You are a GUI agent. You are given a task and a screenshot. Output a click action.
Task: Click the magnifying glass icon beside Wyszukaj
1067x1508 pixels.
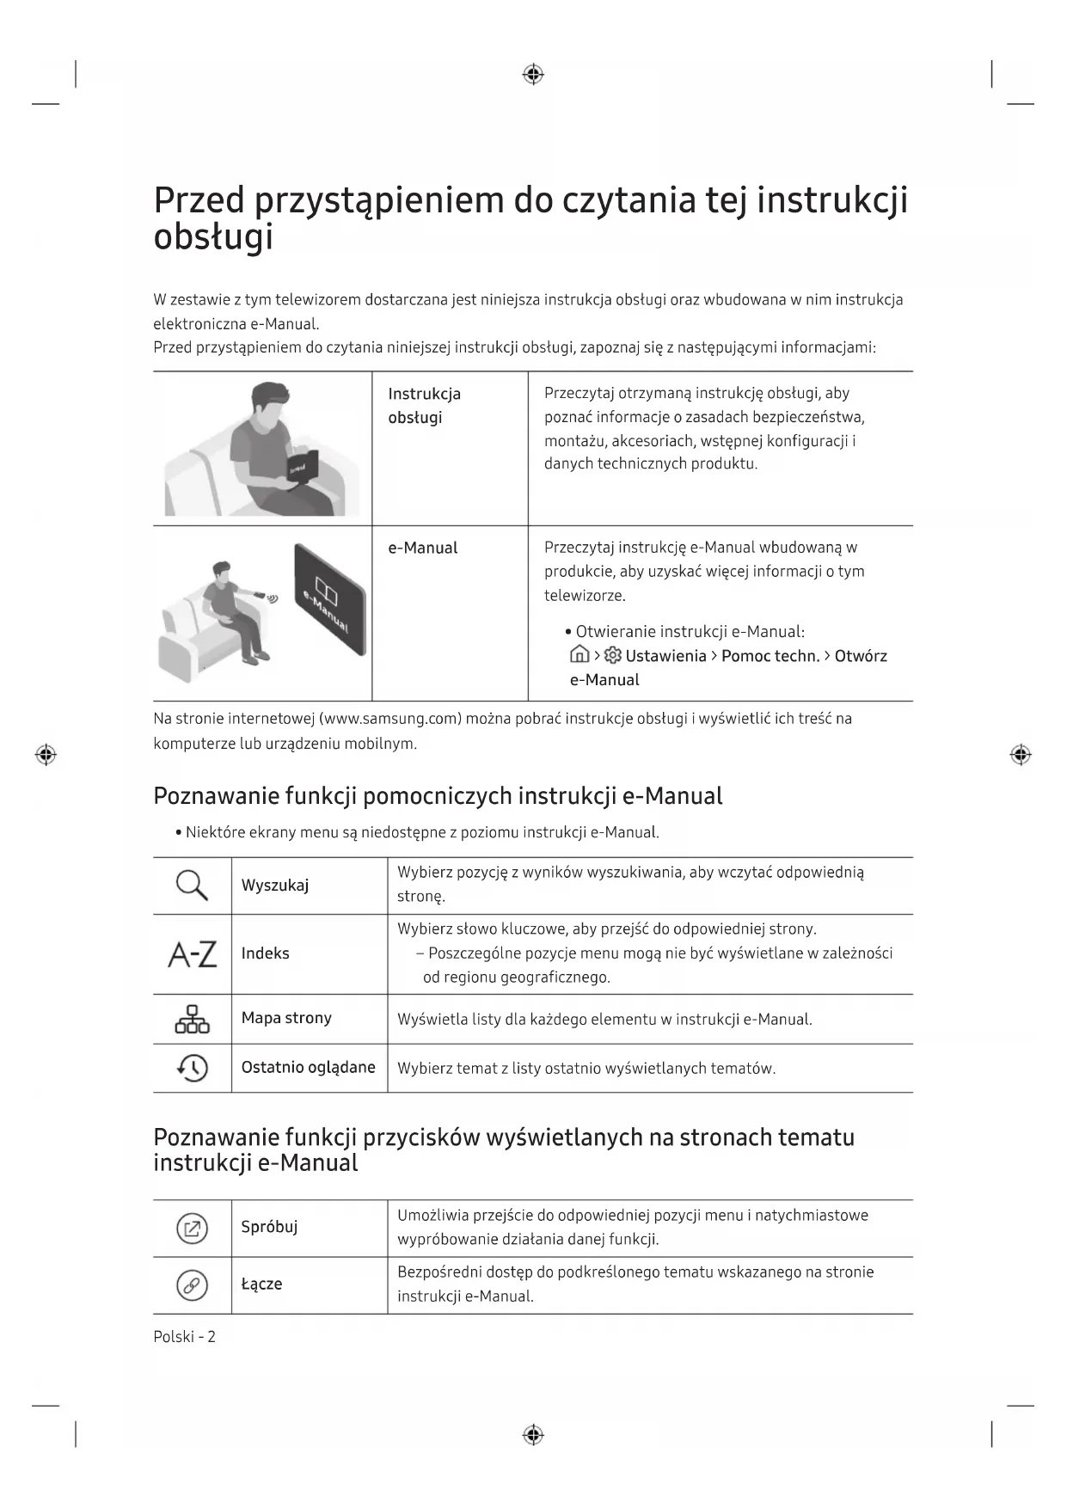point(192,885)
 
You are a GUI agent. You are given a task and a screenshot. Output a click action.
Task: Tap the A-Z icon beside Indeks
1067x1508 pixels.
point(192,954)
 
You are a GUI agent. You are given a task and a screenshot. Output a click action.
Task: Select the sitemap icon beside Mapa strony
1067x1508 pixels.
point(192,1019)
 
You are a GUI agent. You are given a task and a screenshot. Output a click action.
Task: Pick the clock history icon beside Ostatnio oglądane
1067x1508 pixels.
point(193,1068)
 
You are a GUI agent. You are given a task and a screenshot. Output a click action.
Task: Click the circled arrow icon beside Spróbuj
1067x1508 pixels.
point(192,1228)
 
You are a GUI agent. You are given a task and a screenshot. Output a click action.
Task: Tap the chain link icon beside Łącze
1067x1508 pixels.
point(192,1285)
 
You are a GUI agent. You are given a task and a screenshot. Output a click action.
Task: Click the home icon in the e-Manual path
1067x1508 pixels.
point(579,655)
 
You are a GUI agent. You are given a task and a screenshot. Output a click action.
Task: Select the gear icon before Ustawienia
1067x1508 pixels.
point(613,656)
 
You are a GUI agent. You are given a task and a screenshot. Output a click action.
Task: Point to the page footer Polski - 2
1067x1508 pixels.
point(184,1336)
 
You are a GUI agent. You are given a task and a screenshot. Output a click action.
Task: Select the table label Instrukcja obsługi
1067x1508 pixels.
point(424,405)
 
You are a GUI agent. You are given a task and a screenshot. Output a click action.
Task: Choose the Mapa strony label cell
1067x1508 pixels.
point(286,1018)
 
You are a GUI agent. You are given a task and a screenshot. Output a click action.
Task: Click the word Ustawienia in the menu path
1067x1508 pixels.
point(665,656)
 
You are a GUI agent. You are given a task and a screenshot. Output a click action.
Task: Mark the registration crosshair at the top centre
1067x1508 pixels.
point(533,75)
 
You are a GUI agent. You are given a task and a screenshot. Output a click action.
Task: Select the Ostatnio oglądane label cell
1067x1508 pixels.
point(308,1067)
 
